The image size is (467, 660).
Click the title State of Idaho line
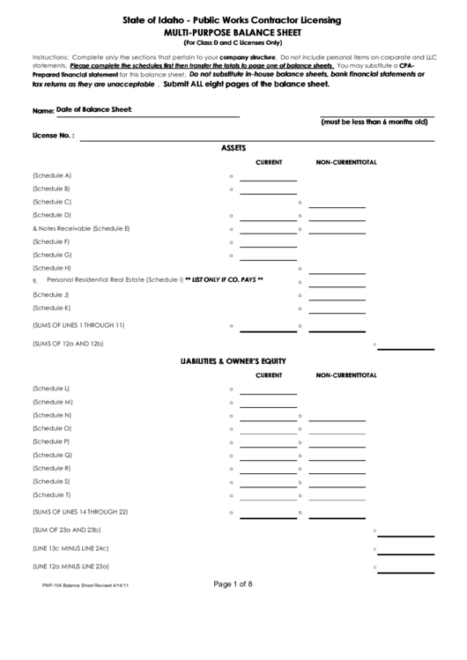(x=233, y=19)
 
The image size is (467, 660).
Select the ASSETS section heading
(x=233, y=148)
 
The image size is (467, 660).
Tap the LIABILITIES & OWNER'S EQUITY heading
(x=233, y=361)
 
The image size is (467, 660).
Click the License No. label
(x=53, y=136)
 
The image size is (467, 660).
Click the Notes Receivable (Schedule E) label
(x=81, y=228)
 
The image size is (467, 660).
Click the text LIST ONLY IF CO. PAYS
(x=225, y=280)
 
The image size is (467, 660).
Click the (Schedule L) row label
(x=51, y=389)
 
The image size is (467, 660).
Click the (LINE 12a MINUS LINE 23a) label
(x=77, y=566)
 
